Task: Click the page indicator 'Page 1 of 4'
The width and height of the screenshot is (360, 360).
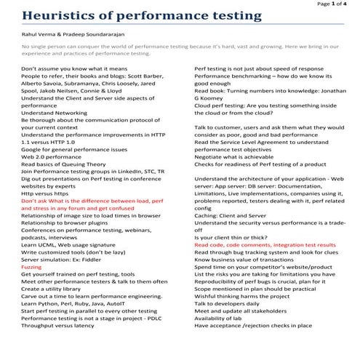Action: coord(333,4)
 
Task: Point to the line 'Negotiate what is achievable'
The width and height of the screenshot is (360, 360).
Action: coord(236,156)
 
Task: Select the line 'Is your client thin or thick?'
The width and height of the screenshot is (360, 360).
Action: coord(236,237)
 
